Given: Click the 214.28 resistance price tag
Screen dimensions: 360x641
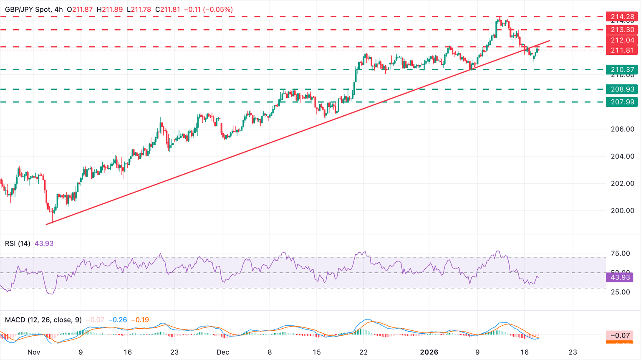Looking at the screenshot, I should click(623, 17).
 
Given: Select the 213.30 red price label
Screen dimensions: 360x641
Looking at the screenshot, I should click(623, 30).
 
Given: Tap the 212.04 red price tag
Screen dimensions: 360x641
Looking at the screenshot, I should click(623, 40).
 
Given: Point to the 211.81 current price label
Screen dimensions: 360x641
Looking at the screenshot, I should click(623, 50).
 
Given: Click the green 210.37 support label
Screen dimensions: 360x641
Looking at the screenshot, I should click(623, 70).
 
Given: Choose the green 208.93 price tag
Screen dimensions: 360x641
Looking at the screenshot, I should click(623, 89).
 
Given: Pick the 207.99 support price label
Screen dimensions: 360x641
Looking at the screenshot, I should click(623, 102).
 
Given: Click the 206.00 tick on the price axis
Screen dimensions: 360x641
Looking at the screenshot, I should click(623, 129).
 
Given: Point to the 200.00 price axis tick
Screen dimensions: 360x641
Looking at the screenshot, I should click(623, 210).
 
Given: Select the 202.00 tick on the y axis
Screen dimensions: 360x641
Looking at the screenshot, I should click(623, 183).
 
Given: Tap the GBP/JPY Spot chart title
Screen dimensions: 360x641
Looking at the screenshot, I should click(28, 9).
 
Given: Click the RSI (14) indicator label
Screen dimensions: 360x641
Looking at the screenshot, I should click(18, 243).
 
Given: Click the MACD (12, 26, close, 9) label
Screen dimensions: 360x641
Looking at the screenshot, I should click(43, 320).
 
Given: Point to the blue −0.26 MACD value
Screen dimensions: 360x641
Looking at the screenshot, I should click(118, 320).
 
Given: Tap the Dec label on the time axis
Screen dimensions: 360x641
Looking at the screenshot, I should click(223, 352).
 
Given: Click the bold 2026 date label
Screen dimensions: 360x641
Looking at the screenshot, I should click(429, 352).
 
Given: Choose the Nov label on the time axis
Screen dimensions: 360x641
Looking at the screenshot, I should click(34, 352).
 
